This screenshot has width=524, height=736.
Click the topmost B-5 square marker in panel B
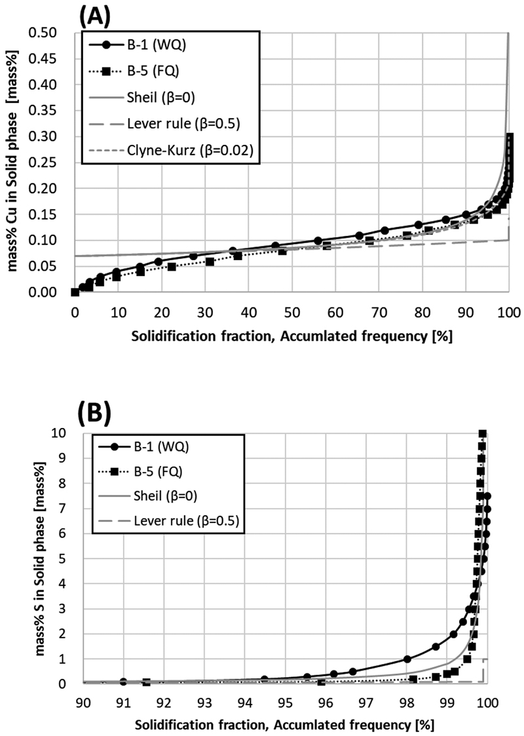pyautogui.click(x=483, y=433)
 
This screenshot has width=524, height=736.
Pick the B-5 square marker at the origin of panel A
pyautogui.click(x=75, y=292)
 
